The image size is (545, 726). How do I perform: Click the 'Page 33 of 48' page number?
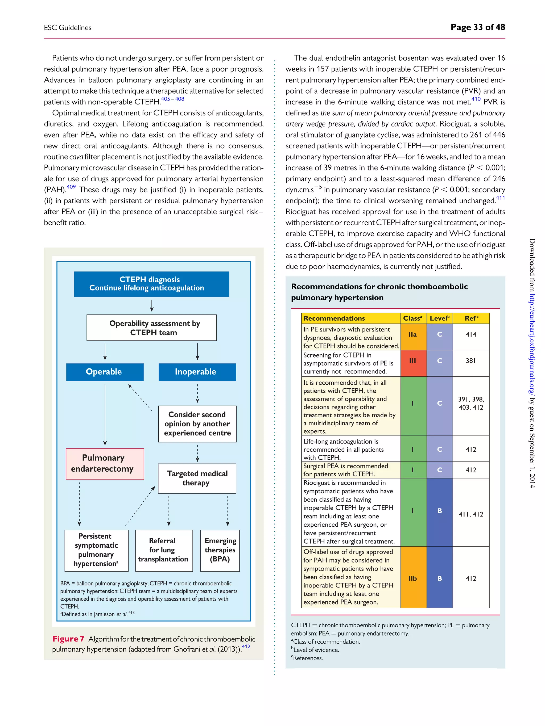click(x=477, y=27)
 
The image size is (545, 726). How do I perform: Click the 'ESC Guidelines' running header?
click(x=68, y=28)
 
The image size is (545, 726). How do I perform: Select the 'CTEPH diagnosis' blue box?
click(x=151, y=284)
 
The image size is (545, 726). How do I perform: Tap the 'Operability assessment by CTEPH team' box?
click(x=151, y=328)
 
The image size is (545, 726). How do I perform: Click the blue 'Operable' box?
click(x=105, y=372)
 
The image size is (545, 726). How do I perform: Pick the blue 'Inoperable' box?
click(x=197, y=372)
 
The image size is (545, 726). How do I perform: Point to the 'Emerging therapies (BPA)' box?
click(x=220, y=550)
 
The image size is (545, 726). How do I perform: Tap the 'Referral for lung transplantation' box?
click(x=164, y=550)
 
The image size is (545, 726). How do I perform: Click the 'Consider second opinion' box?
click(x=197, y=423)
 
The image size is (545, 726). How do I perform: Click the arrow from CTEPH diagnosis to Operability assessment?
click(x=151, y=305)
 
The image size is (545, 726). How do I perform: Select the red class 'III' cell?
click(x=413, y=361)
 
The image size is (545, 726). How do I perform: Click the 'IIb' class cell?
click(x=413, y=578)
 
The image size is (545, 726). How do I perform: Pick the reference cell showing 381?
click(x=470, y=361)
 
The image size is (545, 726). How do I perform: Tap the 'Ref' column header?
click(x=471, y=318)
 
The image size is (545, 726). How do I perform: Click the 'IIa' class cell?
click(x=413, y=335)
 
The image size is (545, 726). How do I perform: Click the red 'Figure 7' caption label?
click(x=68, y=639)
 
